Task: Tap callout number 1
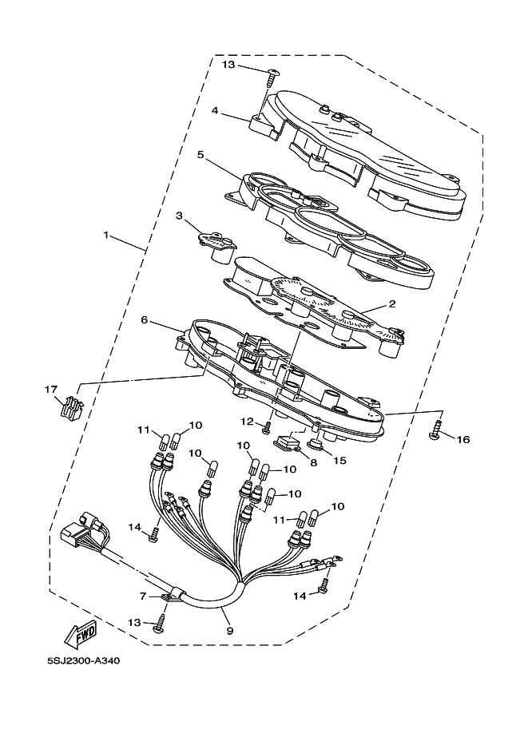point(105,236)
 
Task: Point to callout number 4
point(215,112)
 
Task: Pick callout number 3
point(179,216)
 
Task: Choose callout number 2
point(391,304)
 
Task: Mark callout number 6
point(144,319)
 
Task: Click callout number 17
point(51,389)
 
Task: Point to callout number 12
point(247,421)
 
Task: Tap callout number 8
point(312,462)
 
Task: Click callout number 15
point(339,461)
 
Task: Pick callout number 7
point(143,596)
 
